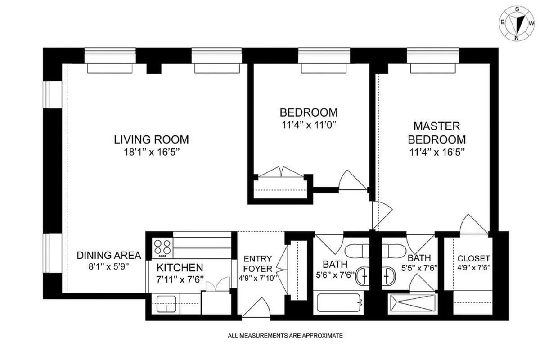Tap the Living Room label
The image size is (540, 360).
151,139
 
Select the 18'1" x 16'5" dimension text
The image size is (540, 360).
151,152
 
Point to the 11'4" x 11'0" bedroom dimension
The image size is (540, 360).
308,125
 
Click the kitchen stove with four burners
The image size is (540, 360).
162,247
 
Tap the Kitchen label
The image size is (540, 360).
180,267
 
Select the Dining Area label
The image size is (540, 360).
109,255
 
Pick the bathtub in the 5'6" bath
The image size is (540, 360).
339,303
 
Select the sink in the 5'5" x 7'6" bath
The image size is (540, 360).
388,273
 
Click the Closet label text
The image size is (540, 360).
473,259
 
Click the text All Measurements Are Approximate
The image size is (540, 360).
285,335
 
